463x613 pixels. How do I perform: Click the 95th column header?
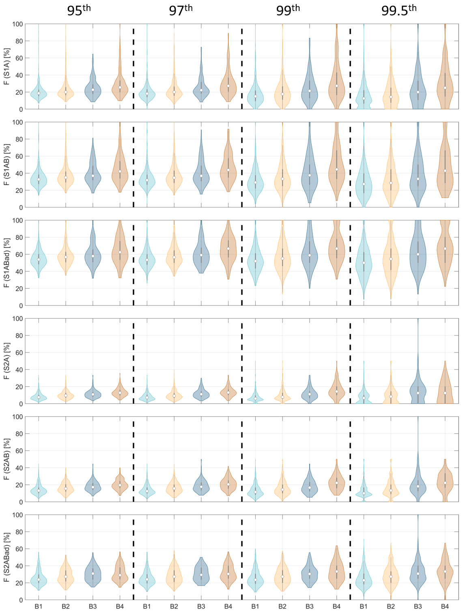tap(79, 10)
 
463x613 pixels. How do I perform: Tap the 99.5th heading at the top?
tap(398, 10)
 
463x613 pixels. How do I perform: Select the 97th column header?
tap(181, 10)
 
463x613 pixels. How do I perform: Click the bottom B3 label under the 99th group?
tap(309, 607)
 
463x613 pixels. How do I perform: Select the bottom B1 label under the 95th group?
tap(39, 607)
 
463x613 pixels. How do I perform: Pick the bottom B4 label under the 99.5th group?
tap(445, 607)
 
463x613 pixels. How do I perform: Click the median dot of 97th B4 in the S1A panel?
tap(228, 86)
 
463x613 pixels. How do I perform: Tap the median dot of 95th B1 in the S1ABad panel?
tap(39, 260)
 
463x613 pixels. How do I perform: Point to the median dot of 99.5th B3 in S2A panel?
tap(418, 393)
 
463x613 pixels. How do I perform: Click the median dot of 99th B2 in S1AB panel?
tap(282, 179)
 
